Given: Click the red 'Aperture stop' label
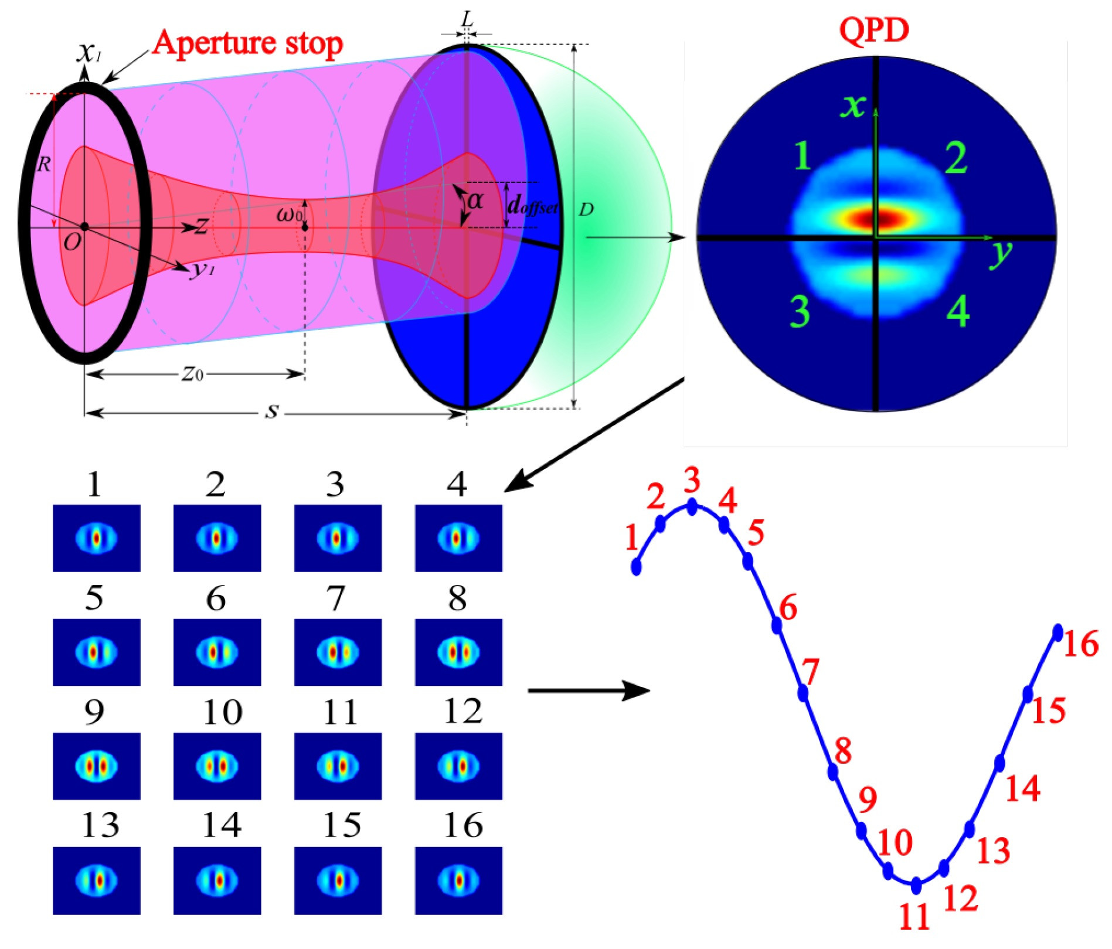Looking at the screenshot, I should click(247, 43).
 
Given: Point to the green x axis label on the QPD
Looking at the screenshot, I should click(853, 106).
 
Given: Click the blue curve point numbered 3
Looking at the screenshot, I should click(692, 506).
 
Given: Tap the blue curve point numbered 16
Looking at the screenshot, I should click(1057, 632).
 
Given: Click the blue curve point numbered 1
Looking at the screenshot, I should click(636, 567).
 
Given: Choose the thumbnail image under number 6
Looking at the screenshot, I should click(217, 652).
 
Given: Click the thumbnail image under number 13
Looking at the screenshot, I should click(97, 880).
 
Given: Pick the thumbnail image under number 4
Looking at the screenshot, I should click(458, 538).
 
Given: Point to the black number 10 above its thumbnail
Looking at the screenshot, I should click(222, 713).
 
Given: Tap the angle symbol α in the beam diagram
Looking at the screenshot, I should click(475, 201).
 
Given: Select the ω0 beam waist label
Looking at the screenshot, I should click(290, 215).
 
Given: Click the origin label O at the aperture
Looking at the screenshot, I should click(73, 241).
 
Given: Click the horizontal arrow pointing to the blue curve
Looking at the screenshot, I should click(589, 691).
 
